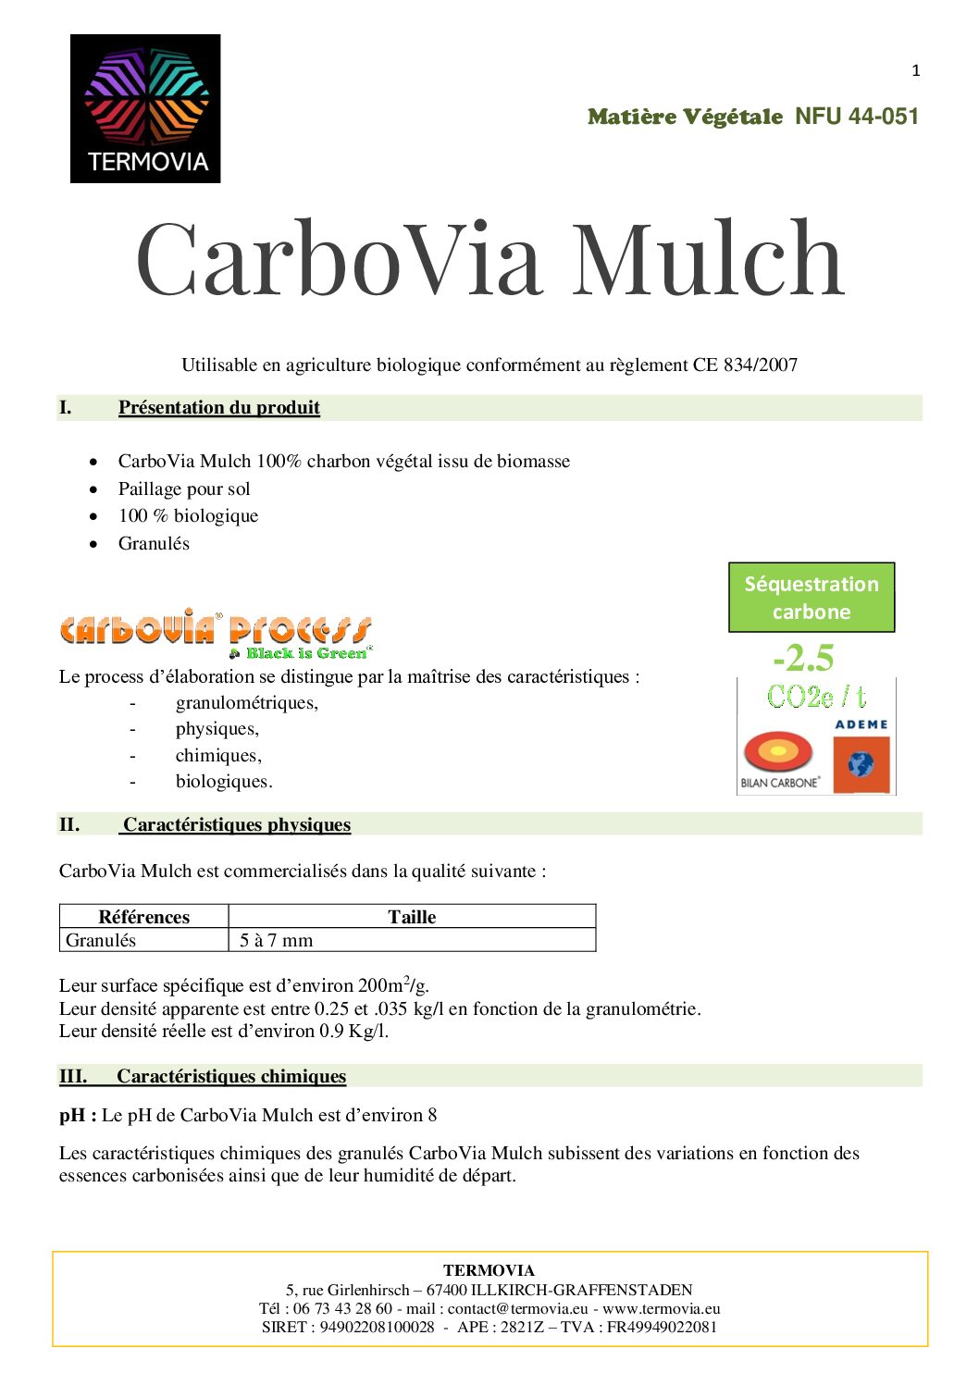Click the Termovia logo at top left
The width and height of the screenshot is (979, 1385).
click(145, 108)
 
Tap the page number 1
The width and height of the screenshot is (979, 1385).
click(915, 70)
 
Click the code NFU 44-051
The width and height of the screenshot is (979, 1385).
click(857, 117)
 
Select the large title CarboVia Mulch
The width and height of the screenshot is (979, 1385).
click(490, 260)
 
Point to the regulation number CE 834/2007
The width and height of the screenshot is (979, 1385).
click(745, 365)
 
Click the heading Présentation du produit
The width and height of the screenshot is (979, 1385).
click(218, 407)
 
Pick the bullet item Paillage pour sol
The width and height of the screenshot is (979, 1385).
click(184, 488)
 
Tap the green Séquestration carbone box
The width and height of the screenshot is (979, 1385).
click(812, 598)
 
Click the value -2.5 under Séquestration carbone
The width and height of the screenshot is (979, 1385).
click(803, 658)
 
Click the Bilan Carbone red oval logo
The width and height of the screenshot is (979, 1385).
click(778, 753)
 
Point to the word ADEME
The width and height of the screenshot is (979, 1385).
click(861, 724)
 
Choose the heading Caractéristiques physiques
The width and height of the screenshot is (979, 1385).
click(237, 824)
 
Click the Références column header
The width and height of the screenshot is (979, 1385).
click(143, 917)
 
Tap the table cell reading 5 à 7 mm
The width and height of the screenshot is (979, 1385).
click(276, 940)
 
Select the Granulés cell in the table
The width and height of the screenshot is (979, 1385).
click(101, 940)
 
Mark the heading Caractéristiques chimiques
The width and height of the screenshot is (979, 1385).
click(230, 1076)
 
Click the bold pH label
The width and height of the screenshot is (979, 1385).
click(78, 1115)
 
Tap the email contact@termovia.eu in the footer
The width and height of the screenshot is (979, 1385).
click(517, 1308)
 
